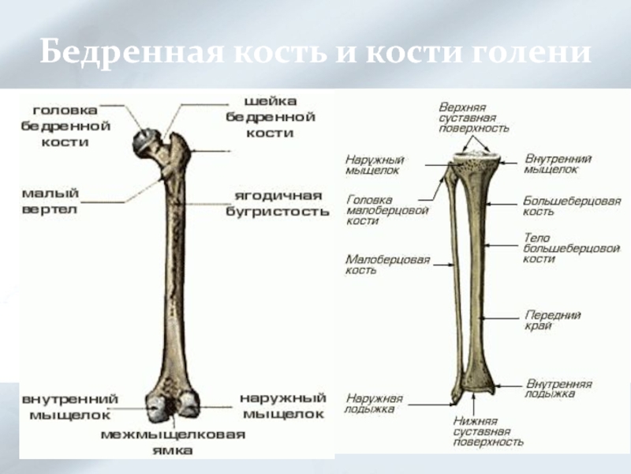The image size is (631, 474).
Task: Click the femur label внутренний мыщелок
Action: pyautogui.click(x=70, y=406)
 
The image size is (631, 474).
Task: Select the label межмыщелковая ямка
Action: pyautogui.click(x=173, y=442)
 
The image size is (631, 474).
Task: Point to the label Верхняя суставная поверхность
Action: pyautogui.click(x=474, y=117)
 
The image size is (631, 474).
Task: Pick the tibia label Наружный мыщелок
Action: pyautogui.click(x=372, y=164)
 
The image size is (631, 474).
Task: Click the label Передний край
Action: pyautogui.click(x=553, y=320)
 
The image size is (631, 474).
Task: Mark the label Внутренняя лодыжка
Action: pyautogui.click(x=559, y=388)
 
